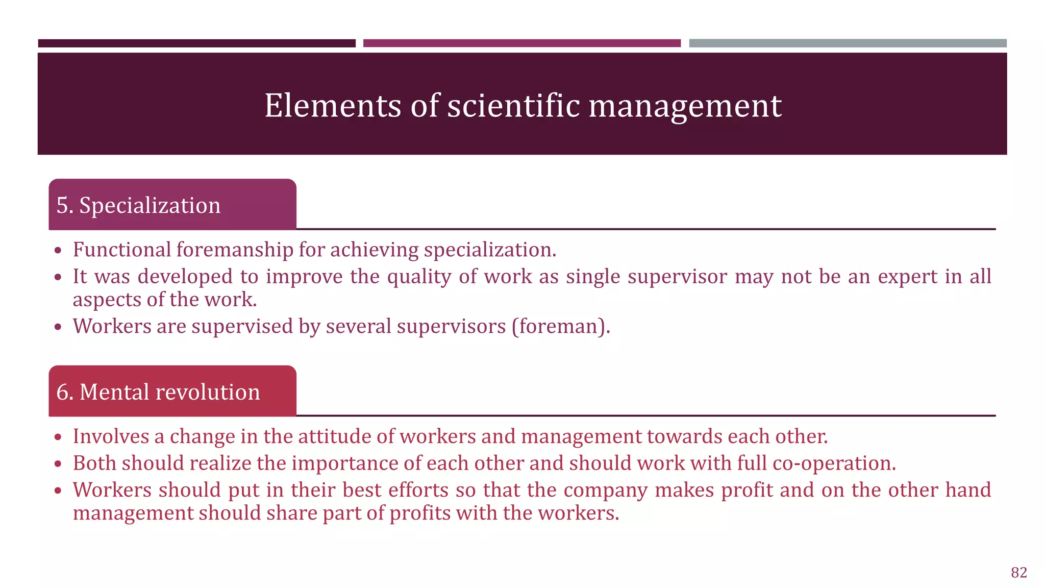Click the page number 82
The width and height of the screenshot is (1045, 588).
click(x=1018, y=573)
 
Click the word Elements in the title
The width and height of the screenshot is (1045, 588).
click(x=333, y=106)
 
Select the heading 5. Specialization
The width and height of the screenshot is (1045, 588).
click(x=138, y=205)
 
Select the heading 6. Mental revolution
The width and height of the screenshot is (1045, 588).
click(x=158, y=392)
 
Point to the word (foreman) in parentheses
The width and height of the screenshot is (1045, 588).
click(x=561, y=326)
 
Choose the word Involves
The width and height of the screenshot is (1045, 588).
click(x=110, y=436)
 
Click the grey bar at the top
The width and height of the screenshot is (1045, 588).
click(x=848, y=43)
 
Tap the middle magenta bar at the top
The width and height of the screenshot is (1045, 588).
click(x=521, y=43)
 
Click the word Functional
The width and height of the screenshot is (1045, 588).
click(x=122, y=250)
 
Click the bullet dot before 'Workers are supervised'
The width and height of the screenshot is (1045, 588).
click(x=59, y=327)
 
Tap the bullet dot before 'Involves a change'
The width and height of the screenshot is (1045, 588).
click(x=59, y=437)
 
